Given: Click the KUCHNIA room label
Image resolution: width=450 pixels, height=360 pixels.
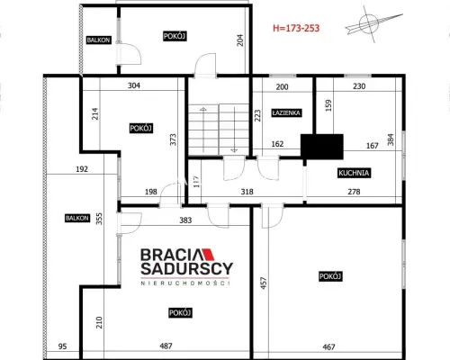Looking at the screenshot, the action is (354, 173).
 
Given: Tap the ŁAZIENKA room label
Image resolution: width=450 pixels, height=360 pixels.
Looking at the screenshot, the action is (286, 112).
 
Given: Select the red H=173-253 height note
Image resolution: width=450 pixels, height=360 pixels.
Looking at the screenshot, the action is (296, 28).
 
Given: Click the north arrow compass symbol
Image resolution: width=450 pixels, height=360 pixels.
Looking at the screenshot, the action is (373, 24).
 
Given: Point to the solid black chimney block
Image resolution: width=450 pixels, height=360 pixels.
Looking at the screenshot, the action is (322, 147).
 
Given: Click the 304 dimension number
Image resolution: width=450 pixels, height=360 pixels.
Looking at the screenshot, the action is (134, 85).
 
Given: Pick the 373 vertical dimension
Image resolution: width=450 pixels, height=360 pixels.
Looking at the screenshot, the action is (173, 139).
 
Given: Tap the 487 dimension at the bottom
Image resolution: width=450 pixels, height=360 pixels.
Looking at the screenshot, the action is (166, 346).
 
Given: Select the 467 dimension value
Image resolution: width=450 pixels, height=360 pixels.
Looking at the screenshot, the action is (328, 346).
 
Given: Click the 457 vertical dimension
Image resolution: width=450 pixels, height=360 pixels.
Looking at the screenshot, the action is (264, 283).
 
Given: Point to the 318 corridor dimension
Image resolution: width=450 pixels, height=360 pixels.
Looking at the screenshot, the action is (247, 192).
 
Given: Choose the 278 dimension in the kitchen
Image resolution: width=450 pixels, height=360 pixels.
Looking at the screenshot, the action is (354, 192).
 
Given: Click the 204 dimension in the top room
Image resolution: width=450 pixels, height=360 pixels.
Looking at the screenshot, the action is (240, 40).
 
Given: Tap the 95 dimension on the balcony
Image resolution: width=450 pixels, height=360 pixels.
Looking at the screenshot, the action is (62, 346).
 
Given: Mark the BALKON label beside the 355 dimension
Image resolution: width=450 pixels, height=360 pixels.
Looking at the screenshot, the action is (77, 218).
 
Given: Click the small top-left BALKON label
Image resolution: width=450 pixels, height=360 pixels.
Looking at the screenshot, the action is (98, 40).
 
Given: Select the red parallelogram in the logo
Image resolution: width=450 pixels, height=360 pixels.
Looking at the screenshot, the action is (208, 254).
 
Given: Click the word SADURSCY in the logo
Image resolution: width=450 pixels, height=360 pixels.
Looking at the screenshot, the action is (186, 269).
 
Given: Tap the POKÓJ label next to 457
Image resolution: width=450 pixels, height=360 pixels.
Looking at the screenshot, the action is (330, 276).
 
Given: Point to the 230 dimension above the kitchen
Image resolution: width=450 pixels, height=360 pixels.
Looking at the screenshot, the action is (359, 86).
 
